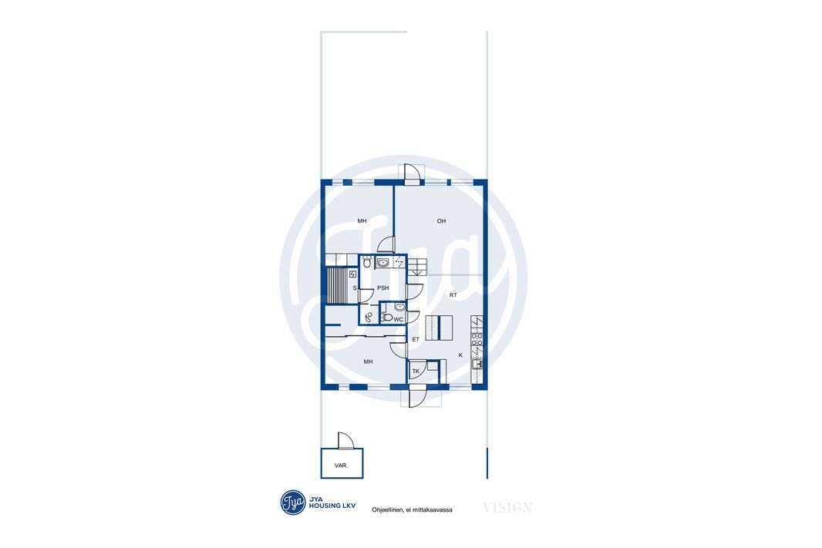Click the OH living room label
coord(441,221)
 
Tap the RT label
coord(453,295)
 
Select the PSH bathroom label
coord(383,288)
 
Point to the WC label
coord(399,320)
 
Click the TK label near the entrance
coord(416,371)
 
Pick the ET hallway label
coord(416,339)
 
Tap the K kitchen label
coord(461,355)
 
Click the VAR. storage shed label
coord(341,466)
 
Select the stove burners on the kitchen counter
coord(477,339)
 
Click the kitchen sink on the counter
coord(477,364)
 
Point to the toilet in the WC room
coord(386,318)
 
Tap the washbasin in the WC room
coord(399,307)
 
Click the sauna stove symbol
coord(352,274)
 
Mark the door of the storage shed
coord(346,441)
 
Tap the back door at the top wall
coord(412,173)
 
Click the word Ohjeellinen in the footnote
coord(387,509)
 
